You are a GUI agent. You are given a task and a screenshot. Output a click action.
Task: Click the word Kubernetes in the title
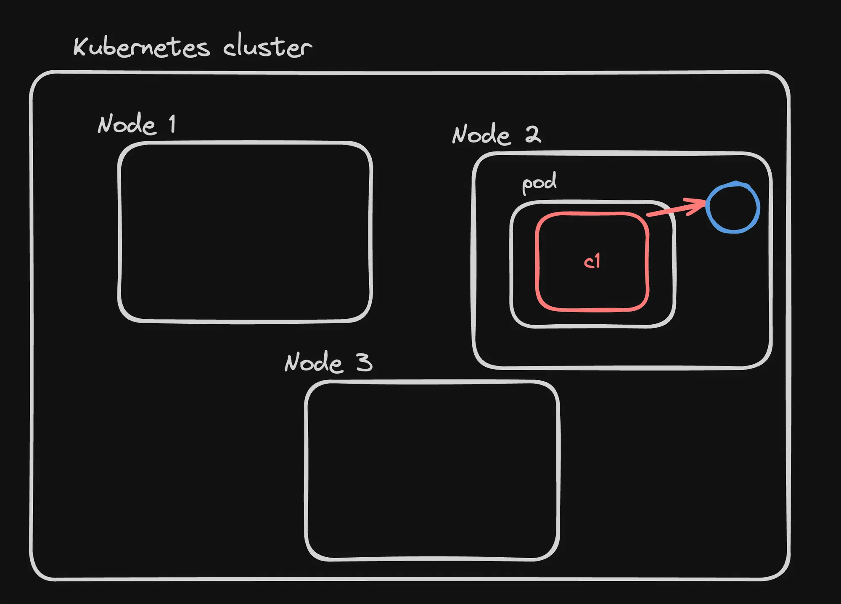coord(142,47)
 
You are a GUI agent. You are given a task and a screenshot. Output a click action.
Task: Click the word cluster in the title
coord(267,46)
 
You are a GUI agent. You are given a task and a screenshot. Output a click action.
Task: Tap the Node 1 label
coord(137,125)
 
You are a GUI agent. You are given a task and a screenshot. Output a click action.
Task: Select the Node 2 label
coord(496,135)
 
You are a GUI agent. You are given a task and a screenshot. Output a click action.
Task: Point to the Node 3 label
coord(328,362)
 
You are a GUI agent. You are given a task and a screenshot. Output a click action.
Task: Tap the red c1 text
coord(592,262)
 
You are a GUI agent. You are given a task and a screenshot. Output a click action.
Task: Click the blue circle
coord(733,207)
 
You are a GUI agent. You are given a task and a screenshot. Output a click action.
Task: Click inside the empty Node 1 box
coord(245,232)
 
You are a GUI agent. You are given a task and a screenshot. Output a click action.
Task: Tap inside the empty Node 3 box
coord(432,471)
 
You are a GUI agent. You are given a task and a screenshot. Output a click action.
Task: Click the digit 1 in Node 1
coord(172,124)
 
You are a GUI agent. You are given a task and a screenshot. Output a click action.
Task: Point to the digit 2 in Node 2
coord(533,135)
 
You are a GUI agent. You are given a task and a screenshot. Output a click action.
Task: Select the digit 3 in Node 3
coord(364,362)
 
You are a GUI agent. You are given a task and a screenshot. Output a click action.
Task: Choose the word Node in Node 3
coord(313,363)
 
